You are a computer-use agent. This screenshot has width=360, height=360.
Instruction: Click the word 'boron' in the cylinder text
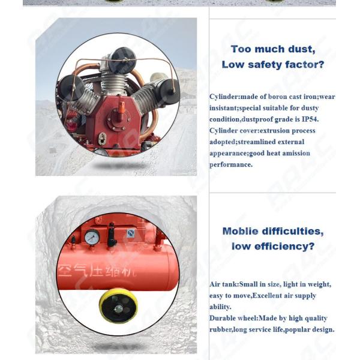pyautogui.click(x=273, y=97)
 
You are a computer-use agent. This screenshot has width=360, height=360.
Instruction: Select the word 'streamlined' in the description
pyautogui.click(x=279, y=142)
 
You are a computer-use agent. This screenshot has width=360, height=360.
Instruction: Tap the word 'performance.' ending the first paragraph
pyautogui.click(x=232, y=165)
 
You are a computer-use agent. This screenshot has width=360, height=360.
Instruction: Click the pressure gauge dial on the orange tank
pyautogui.click(x=92, y=238)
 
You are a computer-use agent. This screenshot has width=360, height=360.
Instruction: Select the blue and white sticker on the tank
pyautogui.click(x=131, y=233)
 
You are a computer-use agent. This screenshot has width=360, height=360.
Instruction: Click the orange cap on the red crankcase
pyautogui.click(x=121, y=107)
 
